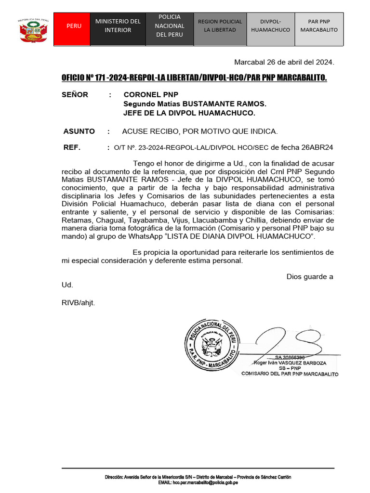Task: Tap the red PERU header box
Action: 74,26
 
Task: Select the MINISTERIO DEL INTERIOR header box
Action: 118,26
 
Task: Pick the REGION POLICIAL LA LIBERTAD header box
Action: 220,26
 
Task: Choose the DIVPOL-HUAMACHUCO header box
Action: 270,26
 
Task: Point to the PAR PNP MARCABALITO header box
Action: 319,26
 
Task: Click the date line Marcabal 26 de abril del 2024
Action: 284,63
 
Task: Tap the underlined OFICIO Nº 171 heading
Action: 194,78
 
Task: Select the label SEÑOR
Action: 75,95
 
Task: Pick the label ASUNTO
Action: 79,131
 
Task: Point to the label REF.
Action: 72,147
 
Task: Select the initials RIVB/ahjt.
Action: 82,303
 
